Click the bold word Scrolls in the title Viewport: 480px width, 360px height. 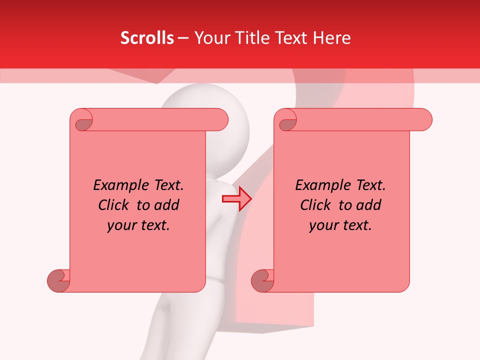pyautogui.click(x=147, y=38)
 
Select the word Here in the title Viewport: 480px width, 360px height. pyautogui.click(x=332, y=38)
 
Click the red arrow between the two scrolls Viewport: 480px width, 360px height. pyautogui.click(x=236, y=199)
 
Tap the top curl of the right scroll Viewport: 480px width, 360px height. pyautogui.click(x=287, y=122)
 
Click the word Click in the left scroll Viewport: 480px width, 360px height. pyautogui.click(x=113, y=205)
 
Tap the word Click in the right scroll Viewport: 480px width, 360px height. pyautogui.click(x=315, y=205)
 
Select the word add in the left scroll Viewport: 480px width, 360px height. pyautogui.click(x=167, y=205)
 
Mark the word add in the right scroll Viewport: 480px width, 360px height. pyautogui.click(x=369, y=205)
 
